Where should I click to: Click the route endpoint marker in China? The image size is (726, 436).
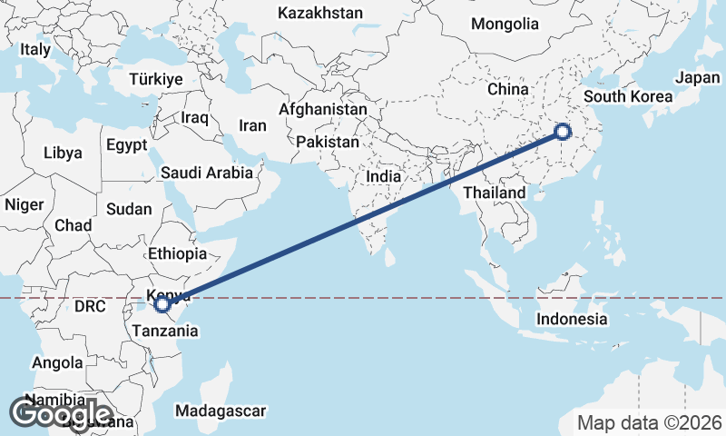click(562, 133)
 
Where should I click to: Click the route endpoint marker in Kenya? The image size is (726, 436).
click(162, 304)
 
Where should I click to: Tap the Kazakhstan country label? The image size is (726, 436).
click(320, 14)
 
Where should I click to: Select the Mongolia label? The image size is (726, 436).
click(505, 24)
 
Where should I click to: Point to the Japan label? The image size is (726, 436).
click(698, 78)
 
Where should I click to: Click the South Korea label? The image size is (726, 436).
click(628, 96)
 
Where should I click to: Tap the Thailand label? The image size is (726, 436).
click(494, 193)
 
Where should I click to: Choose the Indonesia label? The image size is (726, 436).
click(572, 319)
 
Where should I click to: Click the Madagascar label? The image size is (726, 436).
click(221, 411)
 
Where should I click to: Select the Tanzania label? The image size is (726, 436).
click(164, 331)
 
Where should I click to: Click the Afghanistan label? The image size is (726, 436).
click(323, 110)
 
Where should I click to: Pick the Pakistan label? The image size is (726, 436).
click(327, 143)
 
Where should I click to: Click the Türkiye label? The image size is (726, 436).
click(156, 79)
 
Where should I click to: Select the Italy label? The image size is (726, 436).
click(35, 50)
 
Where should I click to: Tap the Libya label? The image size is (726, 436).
click(63, 153)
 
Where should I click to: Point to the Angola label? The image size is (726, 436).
click(57, 363)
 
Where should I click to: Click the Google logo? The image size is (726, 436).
click(61, 414)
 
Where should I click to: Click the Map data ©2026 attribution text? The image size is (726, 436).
click(650, 422)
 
